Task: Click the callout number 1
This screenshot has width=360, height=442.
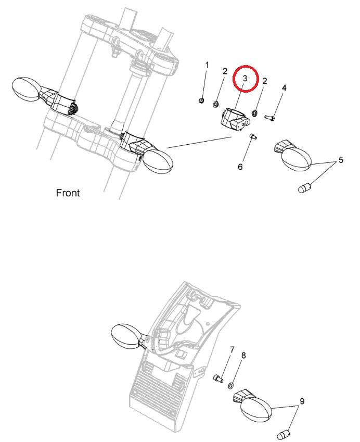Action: click(x=208, y=65)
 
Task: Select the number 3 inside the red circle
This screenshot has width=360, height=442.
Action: click(x=245, y=79)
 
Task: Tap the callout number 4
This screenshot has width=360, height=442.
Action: click(x=284, y=88)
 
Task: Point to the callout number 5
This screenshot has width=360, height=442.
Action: click(x=341, y=160)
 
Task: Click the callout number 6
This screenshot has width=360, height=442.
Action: click(x=240, y=167)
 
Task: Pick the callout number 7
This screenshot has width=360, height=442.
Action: click(x=232, y=350)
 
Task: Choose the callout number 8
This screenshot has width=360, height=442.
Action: click(x=243, y=356)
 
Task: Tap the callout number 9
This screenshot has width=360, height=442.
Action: click(x=302, y=401)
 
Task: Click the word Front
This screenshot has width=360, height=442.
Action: click(x=68, y=193)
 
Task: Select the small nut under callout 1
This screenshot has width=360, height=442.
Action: click(x=201, y=100)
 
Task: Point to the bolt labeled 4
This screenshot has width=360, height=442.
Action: click(x=269, y=117)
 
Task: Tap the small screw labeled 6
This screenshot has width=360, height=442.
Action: click(x=253, y=137)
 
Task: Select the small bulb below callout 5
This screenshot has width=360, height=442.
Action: click(x=304, y=188)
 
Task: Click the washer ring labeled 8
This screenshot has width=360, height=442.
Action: click(x=231, y=385)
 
